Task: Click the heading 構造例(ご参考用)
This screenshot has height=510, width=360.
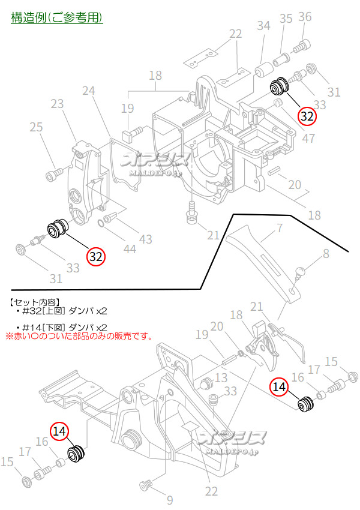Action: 57,17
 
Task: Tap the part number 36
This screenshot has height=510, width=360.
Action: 305,17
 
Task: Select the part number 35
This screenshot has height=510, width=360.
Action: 286,19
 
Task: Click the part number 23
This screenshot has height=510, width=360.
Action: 57,104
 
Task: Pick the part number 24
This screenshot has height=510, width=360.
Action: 89,91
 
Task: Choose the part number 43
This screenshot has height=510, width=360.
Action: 146,238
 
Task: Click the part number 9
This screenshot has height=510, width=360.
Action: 169,499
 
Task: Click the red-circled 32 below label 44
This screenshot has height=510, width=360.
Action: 96,256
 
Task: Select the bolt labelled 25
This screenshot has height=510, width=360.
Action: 54,175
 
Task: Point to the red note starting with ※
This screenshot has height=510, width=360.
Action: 79,336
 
